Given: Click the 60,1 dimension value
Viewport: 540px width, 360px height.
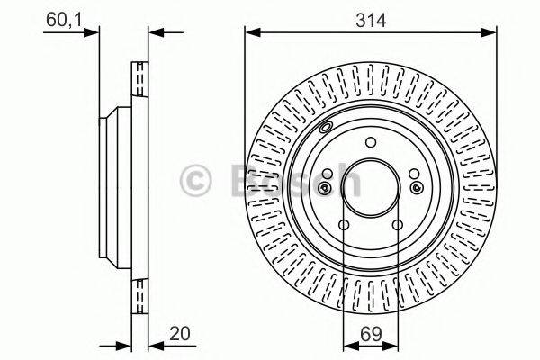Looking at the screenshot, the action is [65, 19].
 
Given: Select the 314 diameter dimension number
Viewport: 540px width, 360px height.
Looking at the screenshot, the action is [371, 21].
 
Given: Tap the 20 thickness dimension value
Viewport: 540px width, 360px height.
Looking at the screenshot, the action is [179, 334].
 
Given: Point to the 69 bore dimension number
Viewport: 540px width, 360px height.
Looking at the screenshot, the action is [371, 334].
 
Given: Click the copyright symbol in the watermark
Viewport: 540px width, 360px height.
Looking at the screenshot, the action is [195, 181].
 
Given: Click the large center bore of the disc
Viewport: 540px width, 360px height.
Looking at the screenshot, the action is [371, 188].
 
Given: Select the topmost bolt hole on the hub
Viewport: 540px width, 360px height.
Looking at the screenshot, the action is [371, 142].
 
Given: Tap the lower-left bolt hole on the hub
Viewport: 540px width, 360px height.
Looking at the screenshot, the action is [344, 225].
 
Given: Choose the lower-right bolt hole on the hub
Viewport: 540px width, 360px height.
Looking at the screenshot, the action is [398, 225].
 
